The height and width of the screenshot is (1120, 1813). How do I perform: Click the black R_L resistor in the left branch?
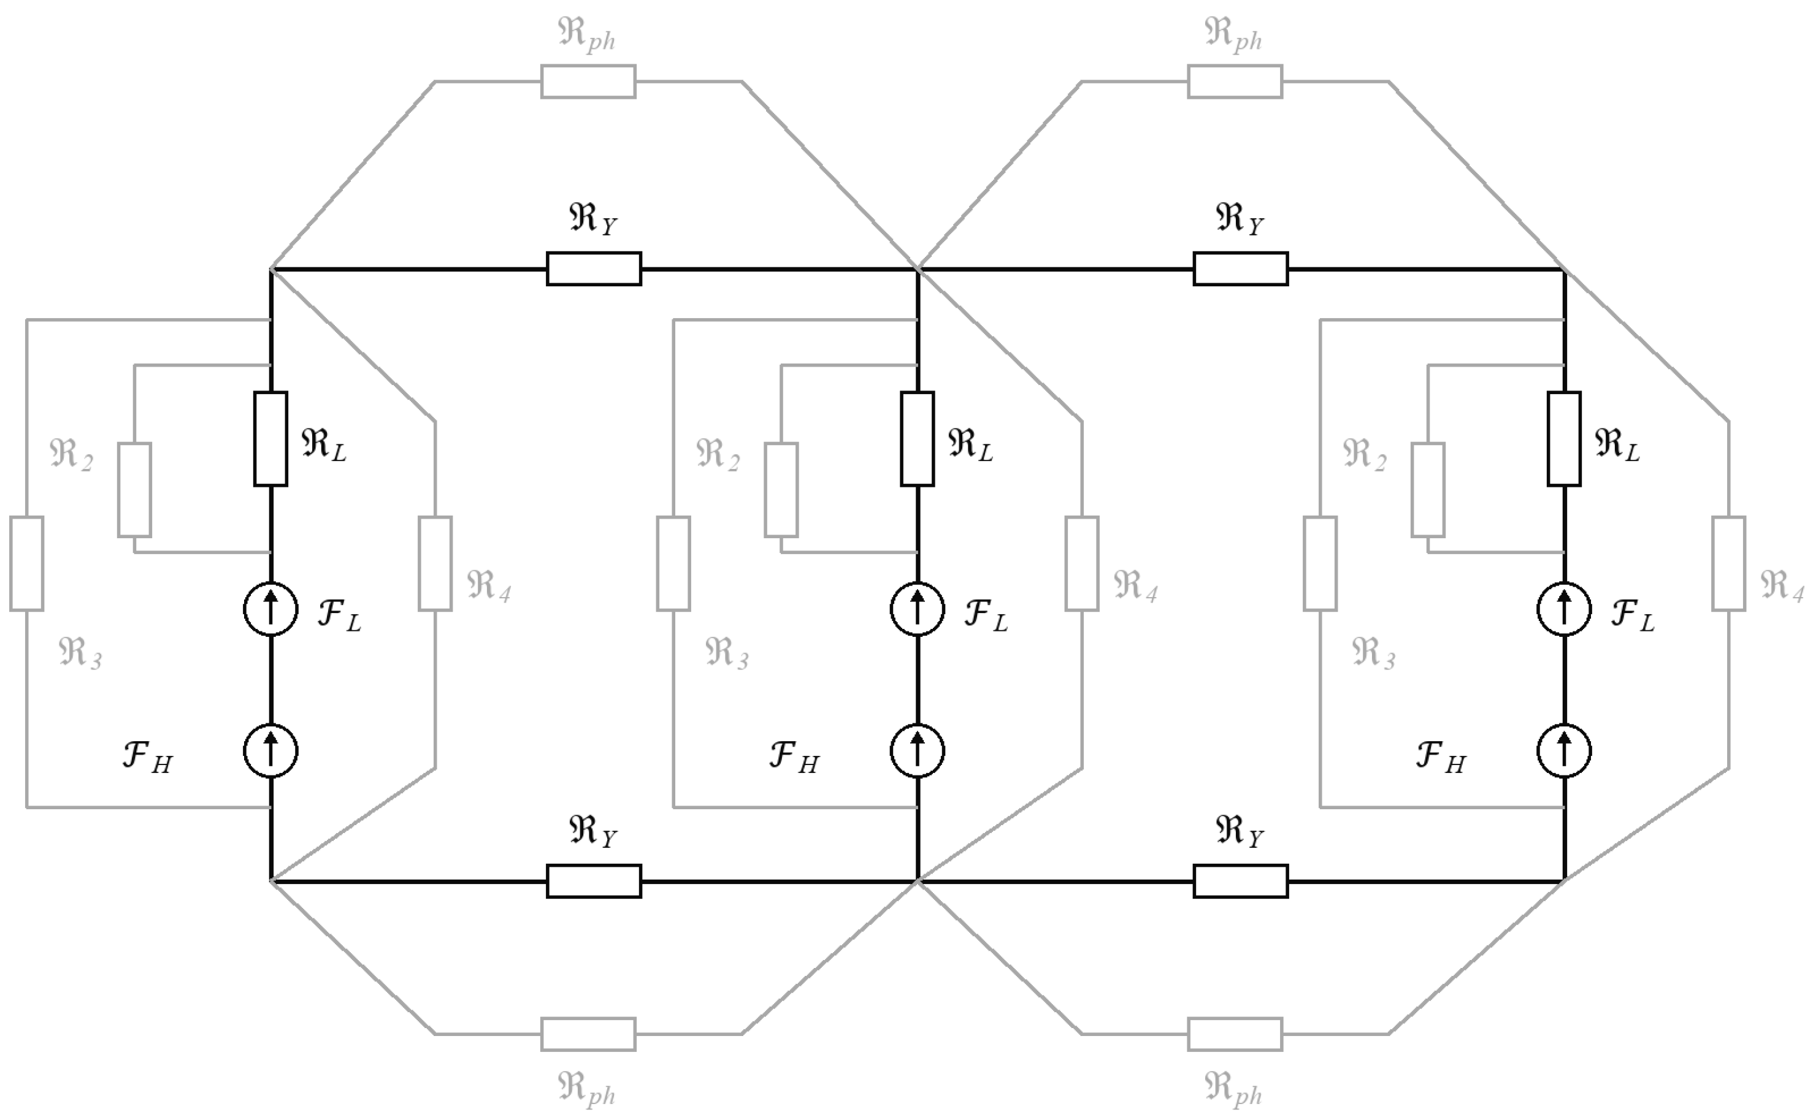pyautogui.click(x=270, y=438)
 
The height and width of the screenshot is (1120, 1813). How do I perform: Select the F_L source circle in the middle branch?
pyautogui.click(x=918, y=609)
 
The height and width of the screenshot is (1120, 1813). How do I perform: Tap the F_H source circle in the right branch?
pyautogui.click(x=1564, y=751)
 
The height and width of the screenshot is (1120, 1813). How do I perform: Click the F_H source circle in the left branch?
pyautogui.click(x=270, y=751)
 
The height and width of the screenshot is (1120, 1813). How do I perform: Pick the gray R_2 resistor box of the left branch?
pyautogui.click(x=134, y=490)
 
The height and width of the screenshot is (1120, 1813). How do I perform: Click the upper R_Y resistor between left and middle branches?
pyautogui.click(x=594, y=268)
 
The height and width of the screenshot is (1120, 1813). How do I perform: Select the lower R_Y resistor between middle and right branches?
pyautogui.click(x=1241, y=882)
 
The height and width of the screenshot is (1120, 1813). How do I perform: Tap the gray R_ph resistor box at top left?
pyautogui.click(x=588, y=82)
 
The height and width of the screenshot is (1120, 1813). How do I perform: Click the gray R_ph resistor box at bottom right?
pyautogui.click(x=1235, y=1034)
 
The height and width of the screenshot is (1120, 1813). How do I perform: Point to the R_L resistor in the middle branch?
pyautogui.click(x=918, y=438)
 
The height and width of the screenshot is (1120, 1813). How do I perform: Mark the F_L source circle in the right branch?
pyautogui.click(x=1564, y=609)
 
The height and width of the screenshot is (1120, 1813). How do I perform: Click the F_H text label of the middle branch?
pyautogui.click(x=794, y=757)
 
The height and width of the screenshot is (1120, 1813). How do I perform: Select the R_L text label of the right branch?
pyautogui.click(x=1617, y=444)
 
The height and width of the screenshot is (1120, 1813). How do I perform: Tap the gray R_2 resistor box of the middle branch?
pyautogui.click(x=781, y=490)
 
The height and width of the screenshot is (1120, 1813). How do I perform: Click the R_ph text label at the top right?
pyautogui.click(x=1233, y=34)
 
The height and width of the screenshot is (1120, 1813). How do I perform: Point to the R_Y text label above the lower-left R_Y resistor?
pyautogui.click(x=592, y=831)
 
